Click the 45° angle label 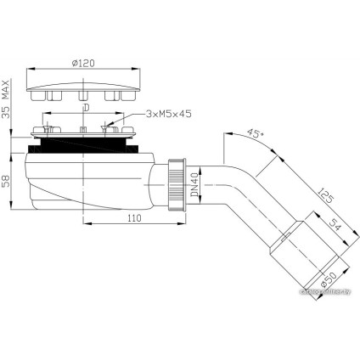click(x=254, y=133)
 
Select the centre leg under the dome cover click(x=83, y=97)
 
